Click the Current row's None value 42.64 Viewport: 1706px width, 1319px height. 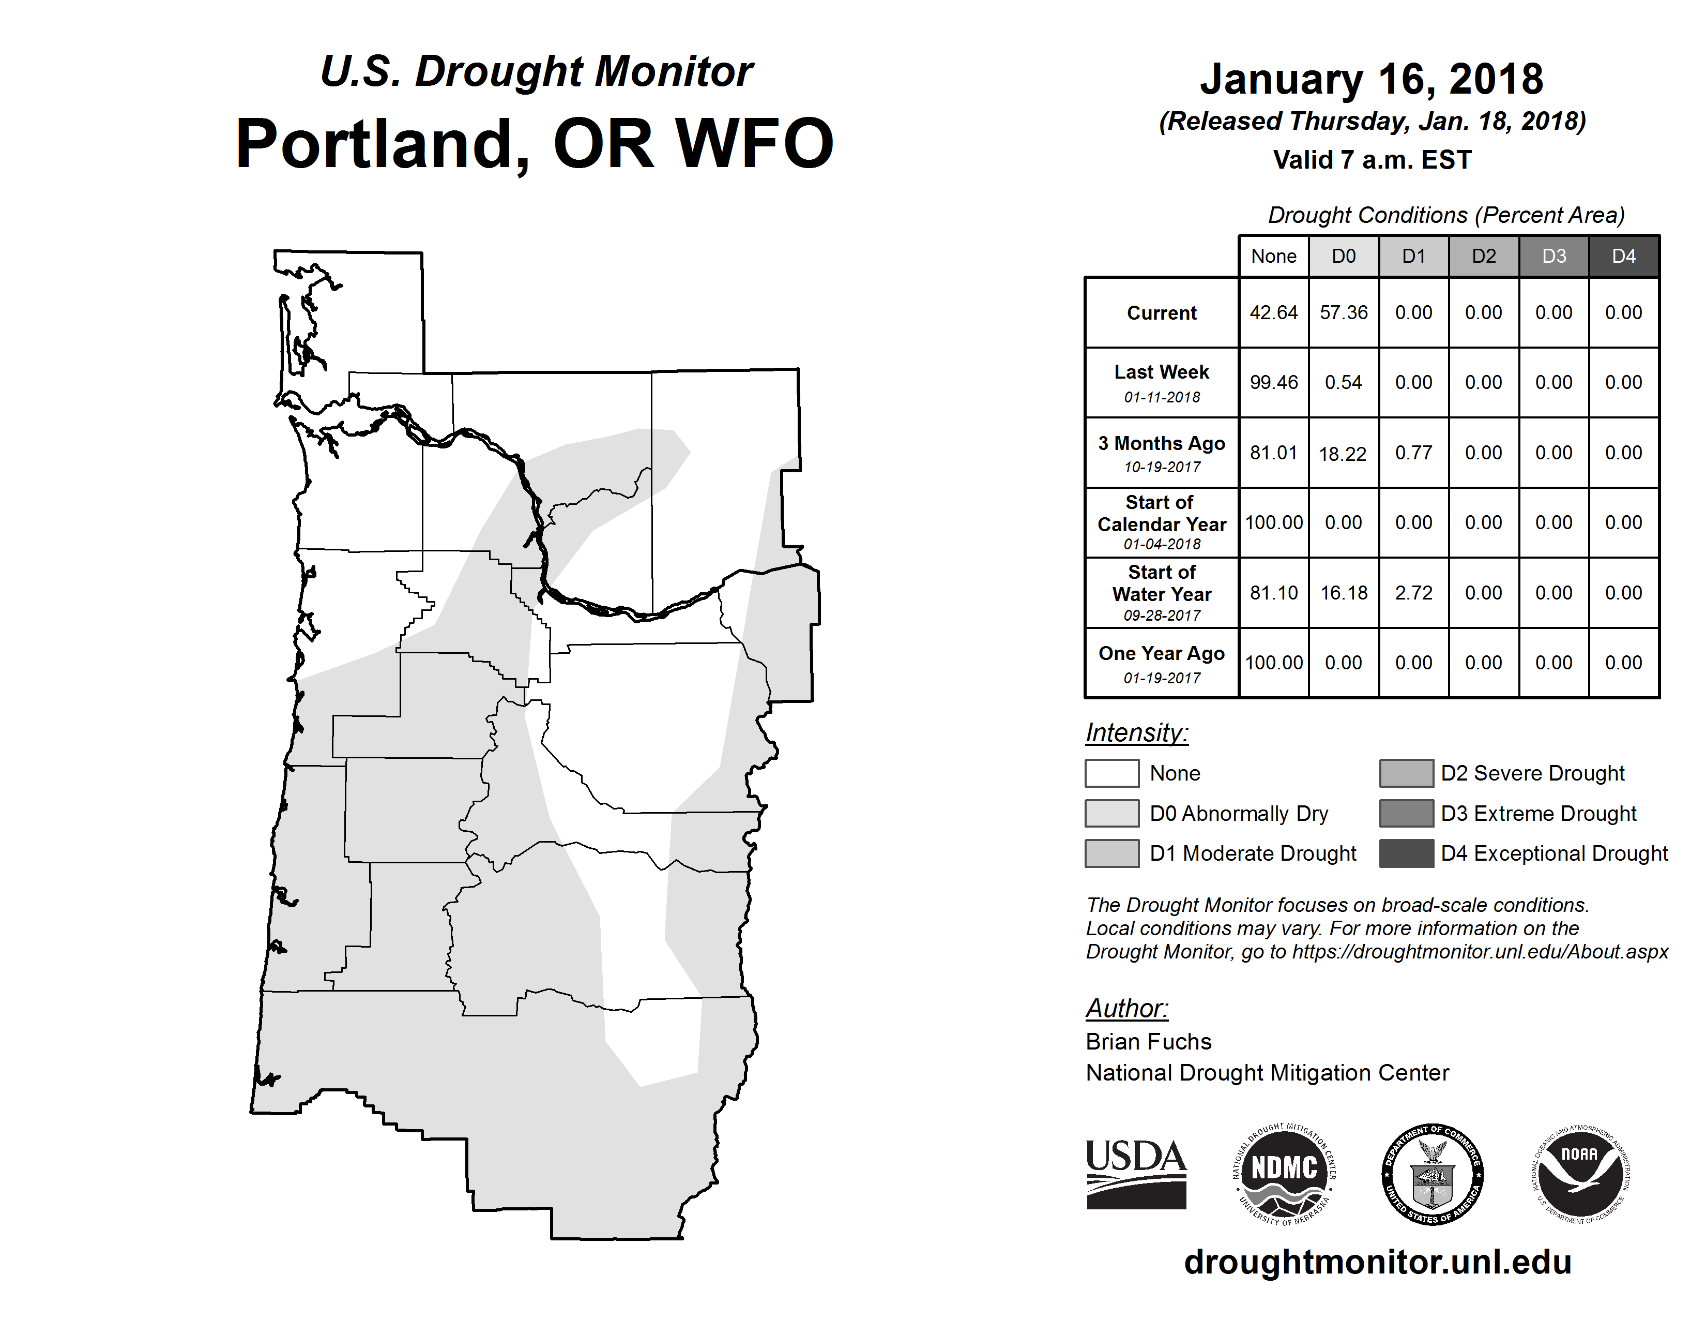(1273, 312)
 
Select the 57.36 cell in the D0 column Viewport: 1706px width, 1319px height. (1344, 312)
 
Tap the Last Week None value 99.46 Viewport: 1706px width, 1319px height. (1273, 382)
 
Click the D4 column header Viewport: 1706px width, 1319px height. (1624, 256)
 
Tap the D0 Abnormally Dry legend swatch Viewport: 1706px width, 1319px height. (1111, 813)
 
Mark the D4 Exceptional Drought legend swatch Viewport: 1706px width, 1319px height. (1406, 853)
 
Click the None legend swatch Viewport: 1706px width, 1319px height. (1111, 773)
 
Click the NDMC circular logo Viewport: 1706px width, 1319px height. (1284, 1174)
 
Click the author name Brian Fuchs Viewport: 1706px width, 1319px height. (1148, 1042)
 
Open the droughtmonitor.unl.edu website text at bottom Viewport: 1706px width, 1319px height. (1378, 1262)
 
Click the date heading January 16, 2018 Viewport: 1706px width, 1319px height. (1372, 79)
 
